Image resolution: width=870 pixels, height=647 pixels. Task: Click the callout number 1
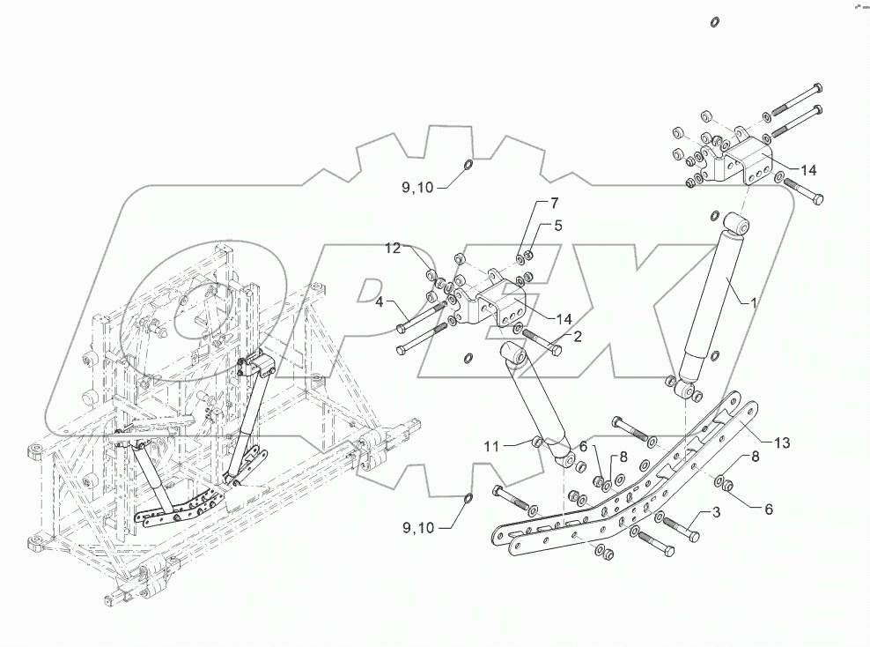pyautogui.click(x=753, y=302)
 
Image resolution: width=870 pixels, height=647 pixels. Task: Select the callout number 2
pyautogui.click(x=578, y=336)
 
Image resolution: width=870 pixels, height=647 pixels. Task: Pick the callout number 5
pyautogui.click(x=557, y=226)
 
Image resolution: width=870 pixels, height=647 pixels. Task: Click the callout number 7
pyautogui.click(x=555, y=203)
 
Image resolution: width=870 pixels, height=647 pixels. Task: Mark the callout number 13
pyautogui.click(x=781, y=442)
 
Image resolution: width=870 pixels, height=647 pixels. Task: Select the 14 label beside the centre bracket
pyautogui.click(x=564, y=317)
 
